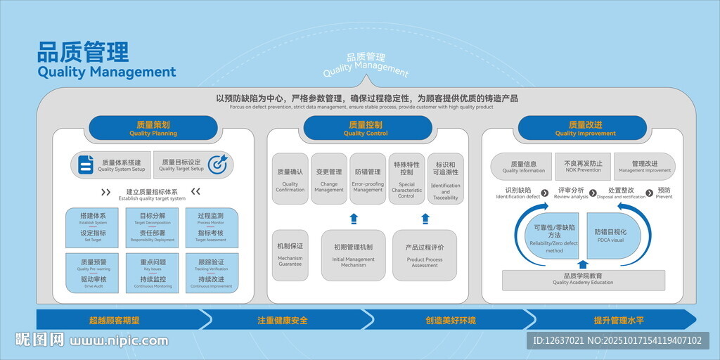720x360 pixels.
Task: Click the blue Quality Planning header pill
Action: click(153, 128)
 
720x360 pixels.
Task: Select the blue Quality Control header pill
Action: click(367, 128)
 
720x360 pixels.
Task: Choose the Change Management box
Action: click(329, 179)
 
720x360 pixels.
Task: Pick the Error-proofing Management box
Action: click(368, 179)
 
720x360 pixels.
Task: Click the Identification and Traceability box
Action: click(446, 179)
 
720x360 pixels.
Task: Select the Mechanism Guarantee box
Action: click(290, 255)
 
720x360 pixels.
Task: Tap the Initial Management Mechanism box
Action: click(354, 255)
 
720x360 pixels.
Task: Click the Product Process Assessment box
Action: click(425, 255)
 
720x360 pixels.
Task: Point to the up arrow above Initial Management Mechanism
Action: click(354, 218)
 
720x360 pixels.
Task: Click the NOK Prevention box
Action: click(584, 166)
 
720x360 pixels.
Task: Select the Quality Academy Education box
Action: click(583, 279)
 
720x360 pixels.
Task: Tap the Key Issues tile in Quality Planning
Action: click(153, 273)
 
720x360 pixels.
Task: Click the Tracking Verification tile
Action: click(212, 273)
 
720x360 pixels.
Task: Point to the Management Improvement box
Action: click(644, 166)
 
